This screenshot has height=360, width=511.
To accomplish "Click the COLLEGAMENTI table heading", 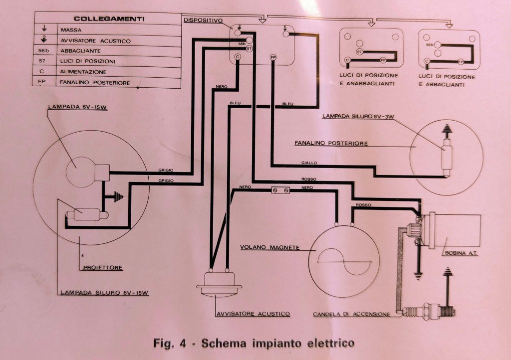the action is tap(109, 19).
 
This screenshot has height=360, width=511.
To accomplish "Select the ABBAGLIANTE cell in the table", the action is tap(80, 51).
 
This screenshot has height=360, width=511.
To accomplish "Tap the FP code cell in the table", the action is tap(42, 82).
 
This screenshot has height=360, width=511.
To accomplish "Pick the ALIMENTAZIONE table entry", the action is tap(83, 72).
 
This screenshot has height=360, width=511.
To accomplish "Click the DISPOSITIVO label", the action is tap(203, 20).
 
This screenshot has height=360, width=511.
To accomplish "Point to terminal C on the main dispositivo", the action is tap(238, 57).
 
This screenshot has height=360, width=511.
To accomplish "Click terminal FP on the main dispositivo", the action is tap(273, 58).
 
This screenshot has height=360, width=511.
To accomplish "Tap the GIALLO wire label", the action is tap(309, 163).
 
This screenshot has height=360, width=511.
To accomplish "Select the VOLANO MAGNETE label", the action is tap(270, 247).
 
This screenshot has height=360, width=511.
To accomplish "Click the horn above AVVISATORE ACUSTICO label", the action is tap(219, 283).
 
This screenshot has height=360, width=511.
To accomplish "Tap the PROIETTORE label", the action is tap(103, 268).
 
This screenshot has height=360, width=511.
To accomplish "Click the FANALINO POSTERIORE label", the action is tap(331, 143).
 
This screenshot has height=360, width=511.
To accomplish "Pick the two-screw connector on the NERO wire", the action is tap(280, 190).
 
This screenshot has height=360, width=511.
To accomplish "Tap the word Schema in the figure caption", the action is tap(224, 343).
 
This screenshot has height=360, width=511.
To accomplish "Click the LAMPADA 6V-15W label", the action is tap(77, 107).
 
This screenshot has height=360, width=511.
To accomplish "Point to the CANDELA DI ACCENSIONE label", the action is tap(351, 314).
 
